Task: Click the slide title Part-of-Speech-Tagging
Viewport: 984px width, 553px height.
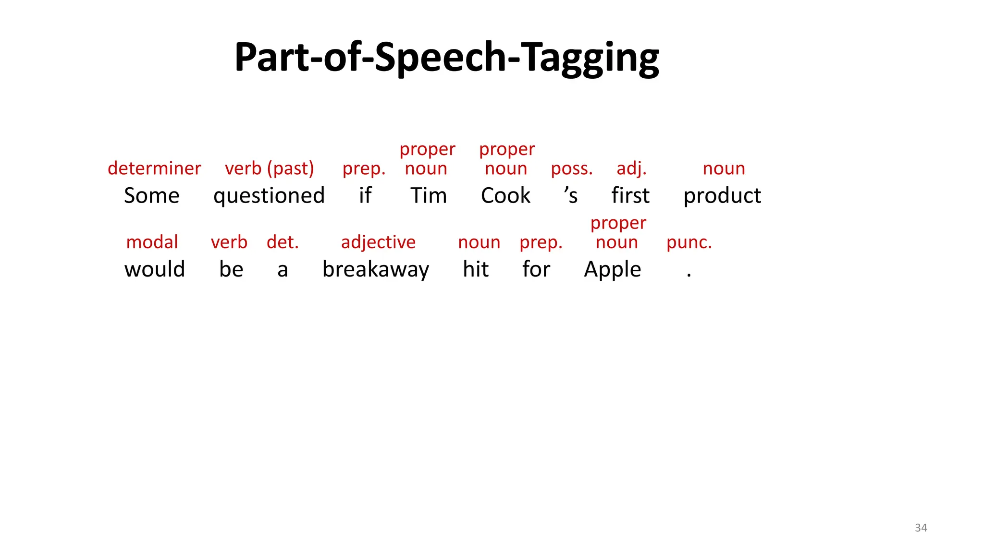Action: (446, 58)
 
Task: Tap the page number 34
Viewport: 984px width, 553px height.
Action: (921, 528)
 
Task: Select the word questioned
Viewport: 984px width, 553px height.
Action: (269, 196)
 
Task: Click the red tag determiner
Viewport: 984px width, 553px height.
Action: (154, 168)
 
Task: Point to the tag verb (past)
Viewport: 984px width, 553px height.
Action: (270, 168)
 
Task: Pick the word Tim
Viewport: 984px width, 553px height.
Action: (429, 196)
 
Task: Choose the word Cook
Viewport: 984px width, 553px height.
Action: (505, 196)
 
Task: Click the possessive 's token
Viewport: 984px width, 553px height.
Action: (571, 196)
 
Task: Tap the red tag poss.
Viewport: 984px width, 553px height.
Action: (572, 168)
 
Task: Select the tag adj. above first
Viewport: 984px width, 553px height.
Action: (631, 168)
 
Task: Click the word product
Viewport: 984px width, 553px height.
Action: (722, 196)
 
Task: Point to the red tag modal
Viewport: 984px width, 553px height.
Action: (152, 242)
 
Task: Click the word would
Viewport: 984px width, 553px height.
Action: (154, 269)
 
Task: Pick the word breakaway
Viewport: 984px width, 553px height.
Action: (376, 269)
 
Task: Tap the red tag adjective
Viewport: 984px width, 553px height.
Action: (378, 242)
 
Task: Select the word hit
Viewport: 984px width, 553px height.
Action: (476, 269)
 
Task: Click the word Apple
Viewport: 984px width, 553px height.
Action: (613, 269)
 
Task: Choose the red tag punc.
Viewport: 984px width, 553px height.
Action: (689, 242)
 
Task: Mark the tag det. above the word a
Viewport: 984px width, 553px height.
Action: (283, 242)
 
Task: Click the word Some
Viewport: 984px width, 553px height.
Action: (151, 196)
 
